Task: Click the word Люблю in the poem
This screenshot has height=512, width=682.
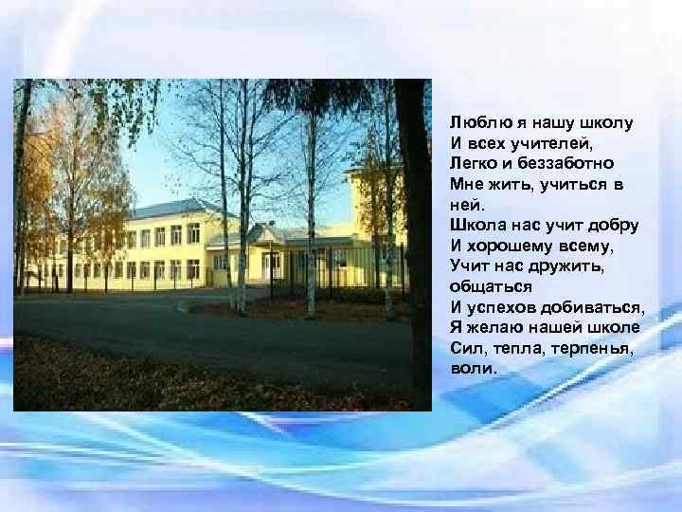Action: click(472, 122)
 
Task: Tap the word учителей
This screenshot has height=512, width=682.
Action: click(550, 143)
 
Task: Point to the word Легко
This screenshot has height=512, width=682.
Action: click(471, 163)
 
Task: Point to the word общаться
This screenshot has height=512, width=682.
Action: click(490, 286)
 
